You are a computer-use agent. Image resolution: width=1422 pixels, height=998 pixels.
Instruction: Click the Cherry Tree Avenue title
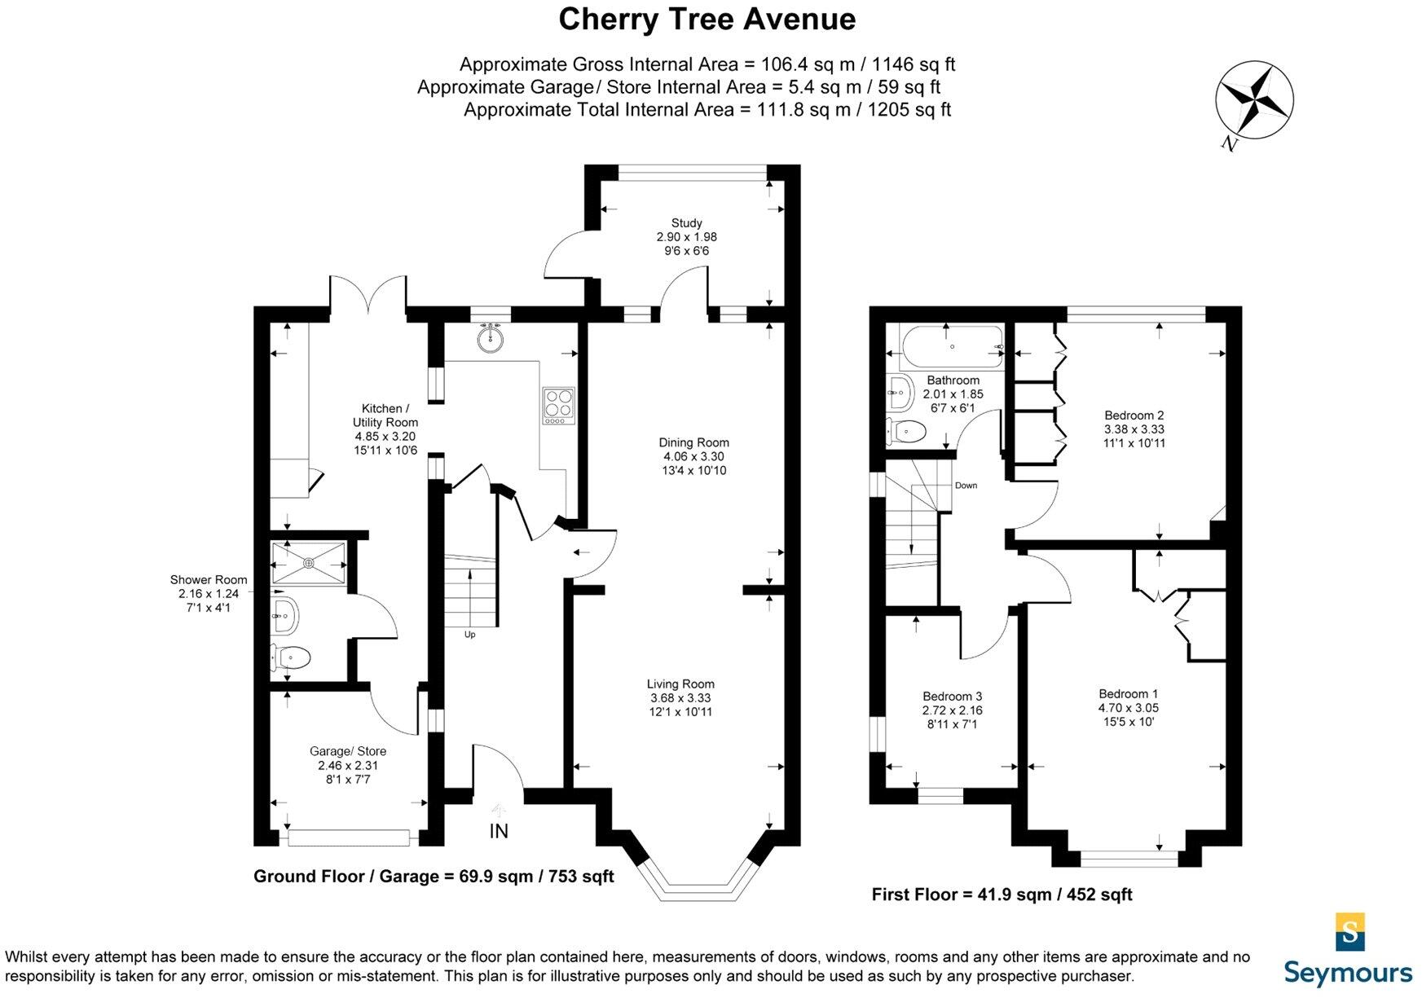click(707, 20)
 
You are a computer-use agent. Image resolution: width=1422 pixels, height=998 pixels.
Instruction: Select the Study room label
click(686, 222)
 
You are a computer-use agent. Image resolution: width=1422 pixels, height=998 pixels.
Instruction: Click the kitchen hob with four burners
click(558, 406)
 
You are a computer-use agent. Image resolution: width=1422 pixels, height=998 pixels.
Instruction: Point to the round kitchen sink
click(491, 340)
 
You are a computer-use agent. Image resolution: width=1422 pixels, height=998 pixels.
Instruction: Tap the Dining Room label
click(693, 442)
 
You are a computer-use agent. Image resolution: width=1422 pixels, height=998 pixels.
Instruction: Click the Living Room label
click(680, 684)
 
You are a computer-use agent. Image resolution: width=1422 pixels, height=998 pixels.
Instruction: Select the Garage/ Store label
click(348, 751)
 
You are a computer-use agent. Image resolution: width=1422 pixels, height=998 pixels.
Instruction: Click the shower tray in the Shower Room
click(309, 562)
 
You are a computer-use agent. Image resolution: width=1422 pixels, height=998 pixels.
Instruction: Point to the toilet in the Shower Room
click(291, 657)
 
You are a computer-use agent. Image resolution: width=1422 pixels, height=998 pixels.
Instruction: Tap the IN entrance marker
click(499, 831)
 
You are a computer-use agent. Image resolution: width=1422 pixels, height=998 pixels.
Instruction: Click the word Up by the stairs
click(469, 635)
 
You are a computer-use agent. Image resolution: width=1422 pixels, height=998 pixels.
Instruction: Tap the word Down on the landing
click(966, 486)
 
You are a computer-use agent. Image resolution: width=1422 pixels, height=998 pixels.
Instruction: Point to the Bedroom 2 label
click(1134, 415)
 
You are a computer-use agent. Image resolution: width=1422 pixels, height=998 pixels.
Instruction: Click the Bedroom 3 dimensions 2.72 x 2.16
click(952, 710)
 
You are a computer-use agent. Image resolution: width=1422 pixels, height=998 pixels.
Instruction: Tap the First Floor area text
click(1002, 895)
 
